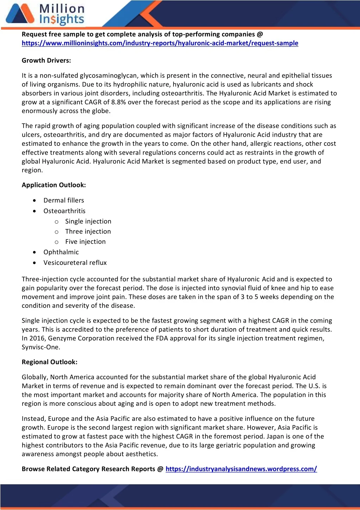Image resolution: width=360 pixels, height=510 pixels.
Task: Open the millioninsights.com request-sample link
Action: (x=160, y=43)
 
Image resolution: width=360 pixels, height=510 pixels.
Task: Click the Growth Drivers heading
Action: (x=46, y=61)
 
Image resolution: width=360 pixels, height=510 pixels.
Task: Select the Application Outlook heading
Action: (x=53, y=185)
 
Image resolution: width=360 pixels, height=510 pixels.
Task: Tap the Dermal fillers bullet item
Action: (x=64, y=200)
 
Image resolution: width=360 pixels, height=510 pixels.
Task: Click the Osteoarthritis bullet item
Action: (x=64, y=211)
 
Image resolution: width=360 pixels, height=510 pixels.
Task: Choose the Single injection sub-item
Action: (x=88, y=222)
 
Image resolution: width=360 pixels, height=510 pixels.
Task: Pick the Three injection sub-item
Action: (x=88, y=232)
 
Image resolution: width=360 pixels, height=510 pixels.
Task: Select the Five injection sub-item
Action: (x=85, y=242)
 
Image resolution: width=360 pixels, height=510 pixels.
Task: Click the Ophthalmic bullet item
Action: (x=61, y=252)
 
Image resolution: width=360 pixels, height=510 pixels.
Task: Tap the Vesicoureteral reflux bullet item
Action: (x=75, y=263)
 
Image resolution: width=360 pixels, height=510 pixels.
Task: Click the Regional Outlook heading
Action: (x=49, y=362)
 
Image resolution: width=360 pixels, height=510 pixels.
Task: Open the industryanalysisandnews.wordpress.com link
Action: (x=241, y=469)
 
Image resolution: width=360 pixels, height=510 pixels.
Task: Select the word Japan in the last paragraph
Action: (x=273, y=436)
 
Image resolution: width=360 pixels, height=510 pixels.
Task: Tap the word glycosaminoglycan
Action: (x=108, y=76)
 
